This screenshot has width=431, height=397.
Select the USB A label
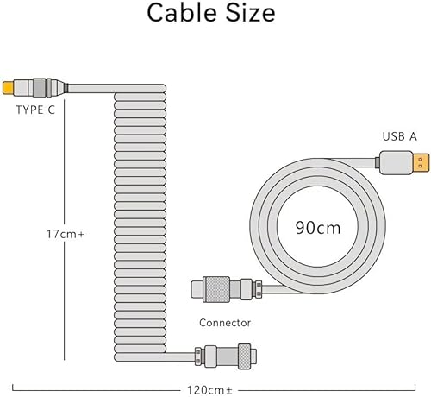[400, 136]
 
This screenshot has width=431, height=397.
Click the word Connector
[224, 323]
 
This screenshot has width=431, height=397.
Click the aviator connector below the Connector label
[224, 354]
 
